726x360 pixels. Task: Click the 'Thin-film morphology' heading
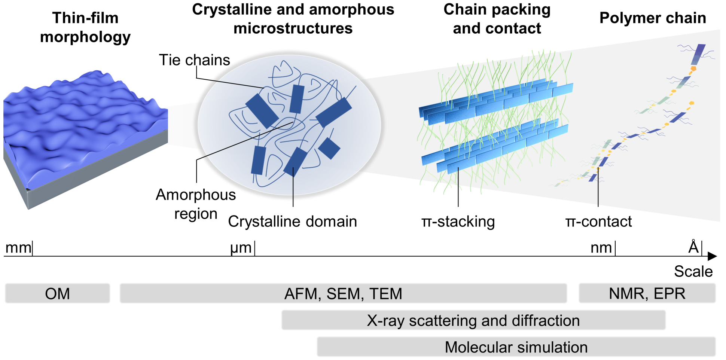[85, 27]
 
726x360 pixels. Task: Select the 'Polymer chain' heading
[653, 18]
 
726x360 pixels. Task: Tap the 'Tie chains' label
[194, 60]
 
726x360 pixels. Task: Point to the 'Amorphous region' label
[196, 204]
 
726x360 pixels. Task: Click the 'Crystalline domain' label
[292, 221]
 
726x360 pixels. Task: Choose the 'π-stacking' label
[458, 221]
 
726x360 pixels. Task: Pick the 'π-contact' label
[598, 221]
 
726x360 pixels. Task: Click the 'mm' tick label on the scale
[18, 248]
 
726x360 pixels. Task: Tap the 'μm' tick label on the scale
[241, 248]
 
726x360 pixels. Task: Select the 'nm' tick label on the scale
[601, 248]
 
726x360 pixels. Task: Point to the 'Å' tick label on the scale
[693, 247]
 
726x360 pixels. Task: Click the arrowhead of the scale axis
[712, 256]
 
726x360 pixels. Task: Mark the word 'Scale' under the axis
[693, 271]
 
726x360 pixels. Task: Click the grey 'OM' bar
[57, 293]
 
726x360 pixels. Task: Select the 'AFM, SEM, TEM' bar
[343, 293]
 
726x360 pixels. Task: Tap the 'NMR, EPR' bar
[647, 293]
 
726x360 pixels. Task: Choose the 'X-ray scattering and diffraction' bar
[473, 320]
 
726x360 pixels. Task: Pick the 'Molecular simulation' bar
[516, 347]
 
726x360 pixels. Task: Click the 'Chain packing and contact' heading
[497, 19]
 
